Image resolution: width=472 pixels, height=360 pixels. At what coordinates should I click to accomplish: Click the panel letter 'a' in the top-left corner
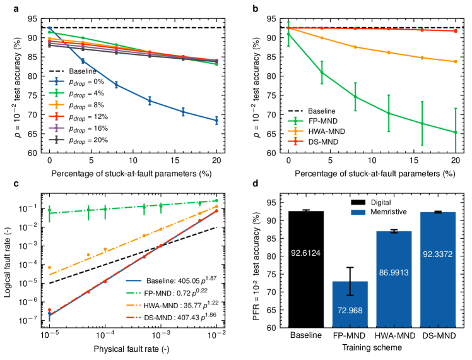tap(5, 7)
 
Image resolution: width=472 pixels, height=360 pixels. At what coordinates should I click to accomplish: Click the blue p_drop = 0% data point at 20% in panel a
tap(216, 120)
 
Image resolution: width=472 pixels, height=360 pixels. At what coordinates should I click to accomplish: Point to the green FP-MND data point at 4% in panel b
tap(321, 73)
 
